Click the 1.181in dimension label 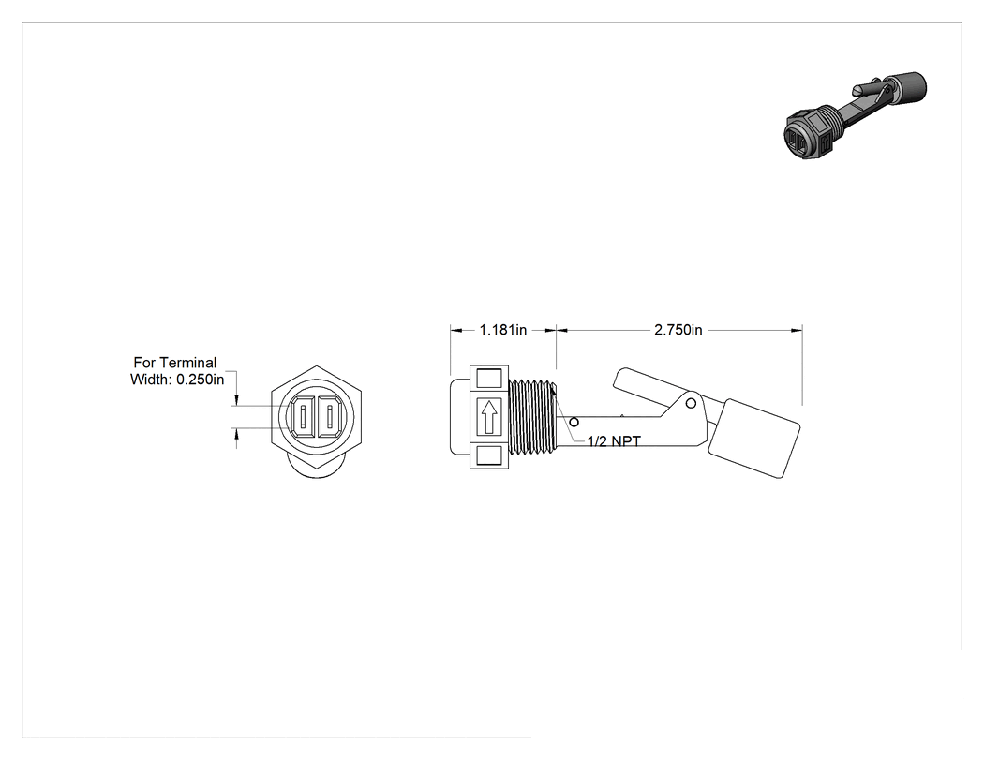tap(503, 330)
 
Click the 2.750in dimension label tap(678, 330)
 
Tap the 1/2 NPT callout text tap(614, 441)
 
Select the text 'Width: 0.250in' tap(177, 379)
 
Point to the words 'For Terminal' tap(174, 363)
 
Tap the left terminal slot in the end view tap(304, 417)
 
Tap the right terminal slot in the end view tap(330, 417)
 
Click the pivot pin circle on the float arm tap(691, 404)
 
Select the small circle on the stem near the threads tap(574, 423)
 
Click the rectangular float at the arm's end tap(754, 439)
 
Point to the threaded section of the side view tap(531, 417)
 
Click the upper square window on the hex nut tap(489, 379)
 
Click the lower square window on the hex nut tap(489, 455)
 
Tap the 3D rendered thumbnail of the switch tap(856, 115)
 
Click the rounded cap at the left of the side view tap(460, 416)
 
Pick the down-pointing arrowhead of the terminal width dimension tap(236, 401)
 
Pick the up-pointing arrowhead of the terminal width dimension tap(236, 434)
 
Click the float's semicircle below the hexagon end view tap(317, 470)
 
